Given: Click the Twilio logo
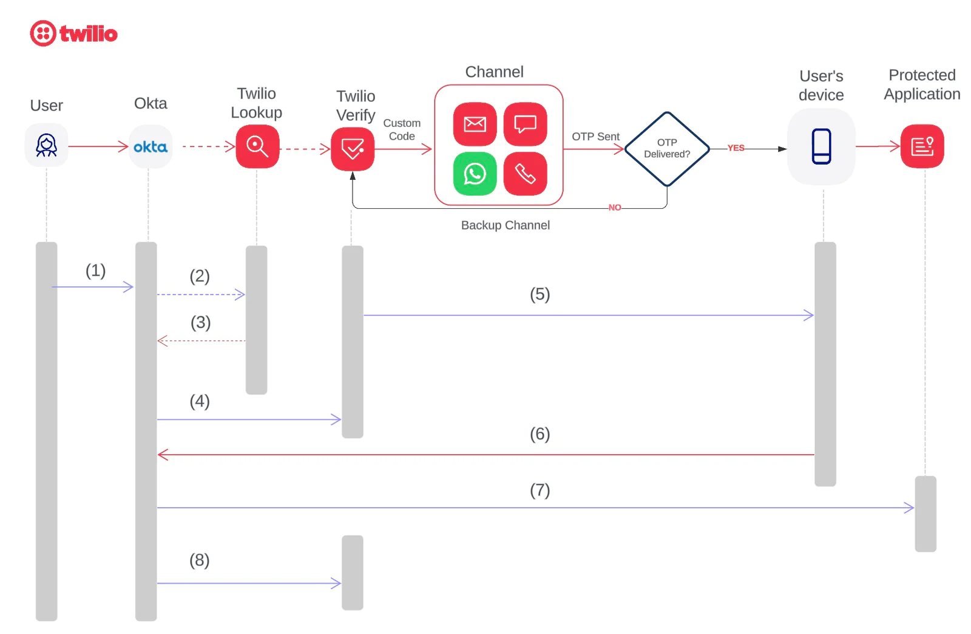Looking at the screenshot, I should (x=73, y=33).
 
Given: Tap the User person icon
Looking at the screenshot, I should (x=46, y=146).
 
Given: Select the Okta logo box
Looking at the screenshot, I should (x=151, y=146).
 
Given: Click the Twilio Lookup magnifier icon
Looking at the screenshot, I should (x=257, y=146).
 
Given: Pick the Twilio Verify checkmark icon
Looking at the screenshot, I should (x=353, y=149).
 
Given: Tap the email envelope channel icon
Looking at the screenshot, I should (x=475, y=124).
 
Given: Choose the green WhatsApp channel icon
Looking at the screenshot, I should (x=475, y=174).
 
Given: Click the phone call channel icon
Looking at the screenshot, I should (x=526, y=174).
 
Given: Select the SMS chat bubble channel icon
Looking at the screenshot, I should (x=526, y=124).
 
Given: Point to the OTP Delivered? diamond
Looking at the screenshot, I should (x=667, y=149).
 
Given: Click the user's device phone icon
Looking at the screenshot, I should (x=821, y=146).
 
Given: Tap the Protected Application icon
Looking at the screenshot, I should (x=922, y=146).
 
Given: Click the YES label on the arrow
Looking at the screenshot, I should (x=736, y=148).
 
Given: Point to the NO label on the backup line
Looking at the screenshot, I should (x=615, y=208).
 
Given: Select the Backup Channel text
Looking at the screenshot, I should (x=506, y=225).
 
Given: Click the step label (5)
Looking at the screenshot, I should (x=540, y=295).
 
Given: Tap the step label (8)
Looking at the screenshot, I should (x=200, y=560).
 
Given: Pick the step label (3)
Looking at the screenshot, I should (x=201, y=322).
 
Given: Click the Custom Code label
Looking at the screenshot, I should (x=402, y=130).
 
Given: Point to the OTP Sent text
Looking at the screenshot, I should (x=595, y=137).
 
